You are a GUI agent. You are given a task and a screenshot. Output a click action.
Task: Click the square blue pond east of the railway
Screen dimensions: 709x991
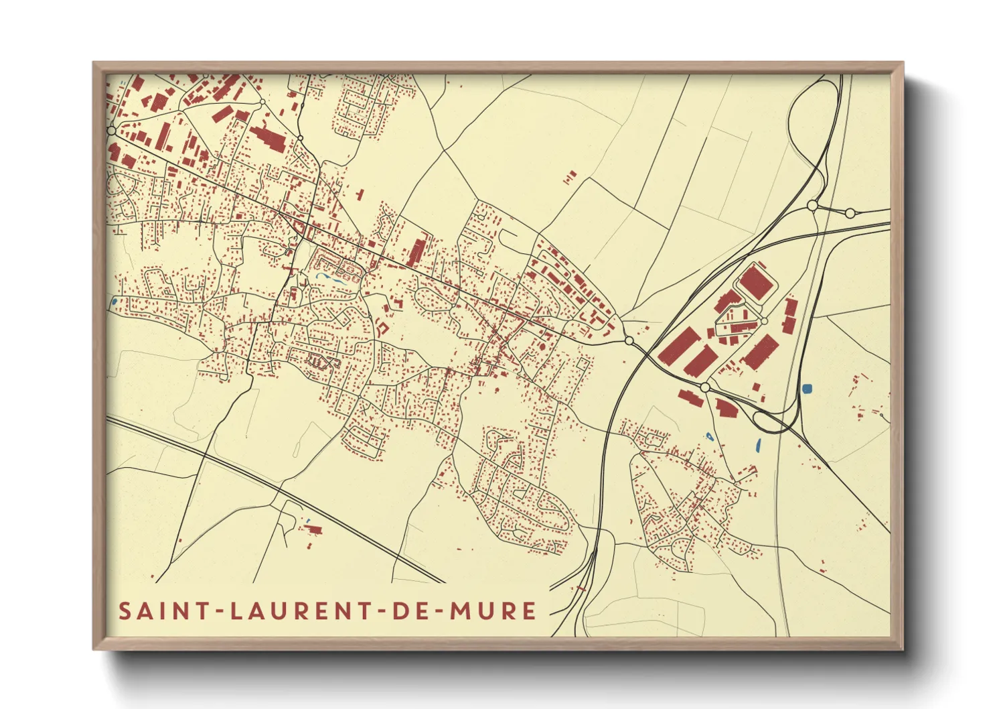coord(808,388)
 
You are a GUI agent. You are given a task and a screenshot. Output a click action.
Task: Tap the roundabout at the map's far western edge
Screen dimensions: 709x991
coord(111,130)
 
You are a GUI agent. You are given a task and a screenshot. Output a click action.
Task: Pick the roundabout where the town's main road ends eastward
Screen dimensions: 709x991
coord(629,341)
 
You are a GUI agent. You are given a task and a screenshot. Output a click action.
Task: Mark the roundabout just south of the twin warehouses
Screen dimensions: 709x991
coord(704,387)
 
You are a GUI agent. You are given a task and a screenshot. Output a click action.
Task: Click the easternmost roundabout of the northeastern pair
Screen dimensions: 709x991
coord(850,213)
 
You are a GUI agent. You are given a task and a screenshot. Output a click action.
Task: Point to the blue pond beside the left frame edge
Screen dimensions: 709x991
coord(115,302)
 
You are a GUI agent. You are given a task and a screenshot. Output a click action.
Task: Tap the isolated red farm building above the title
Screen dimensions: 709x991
coord(312,529)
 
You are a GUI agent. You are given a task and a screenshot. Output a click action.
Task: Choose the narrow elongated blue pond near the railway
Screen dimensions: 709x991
coord(758,444)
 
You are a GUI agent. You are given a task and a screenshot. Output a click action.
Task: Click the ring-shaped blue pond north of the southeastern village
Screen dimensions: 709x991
coord(709,437)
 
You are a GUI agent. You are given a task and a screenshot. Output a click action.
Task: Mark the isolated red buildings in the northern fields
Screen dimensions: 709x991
coord(570,178)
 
